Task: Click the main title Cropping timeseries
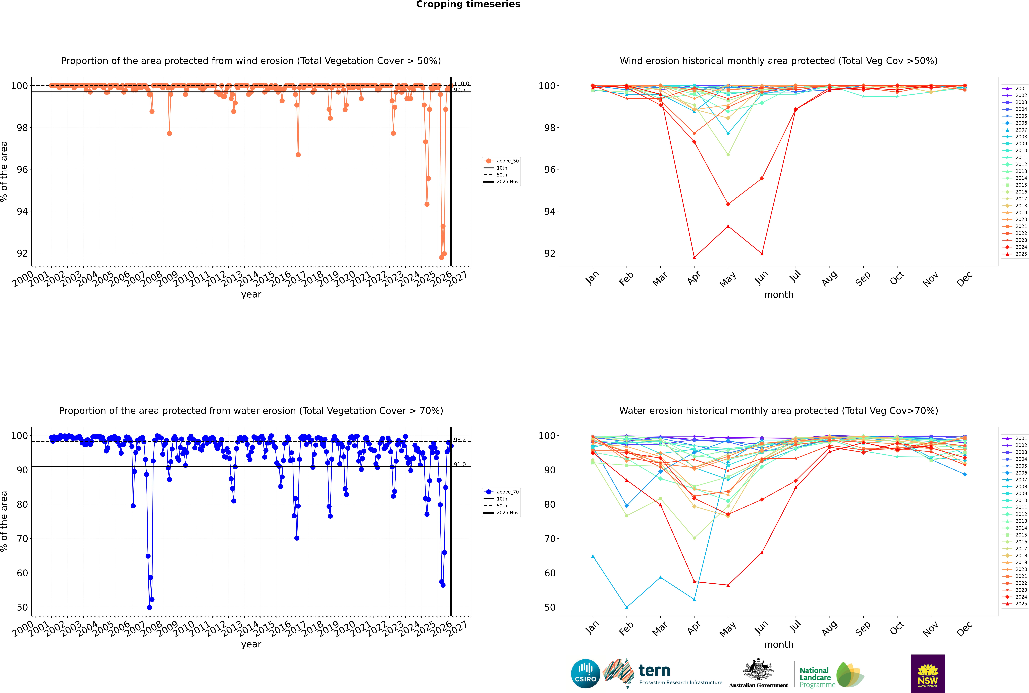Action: coord(468,4)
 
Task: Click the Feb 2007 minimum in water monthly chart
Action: coord(626,607)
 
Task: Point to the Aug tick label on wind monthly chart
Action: coord(829,278)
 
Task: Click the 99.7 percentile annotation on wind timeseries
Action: coord(460,90)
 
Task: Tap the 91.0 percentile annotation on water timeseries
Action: coord(460,465)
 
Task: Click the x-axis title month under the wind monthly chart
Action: coord(779,295)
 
